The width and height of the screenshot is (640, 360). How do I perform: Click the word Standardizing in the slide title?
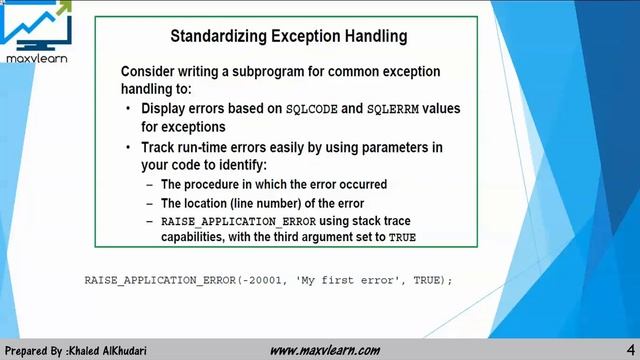tap(214, 37)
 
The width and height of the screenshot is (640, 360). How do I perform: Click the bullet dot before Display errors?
tap(129, 108)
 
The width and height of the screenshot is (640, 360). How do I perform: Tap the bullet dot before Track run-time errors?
tap(129, 147)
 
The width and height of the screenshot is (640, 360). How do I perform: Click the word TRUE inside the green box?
tap(402, 238)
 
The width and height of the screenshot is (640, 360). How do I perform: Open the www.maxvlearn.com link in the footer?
tap(325, 350)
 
